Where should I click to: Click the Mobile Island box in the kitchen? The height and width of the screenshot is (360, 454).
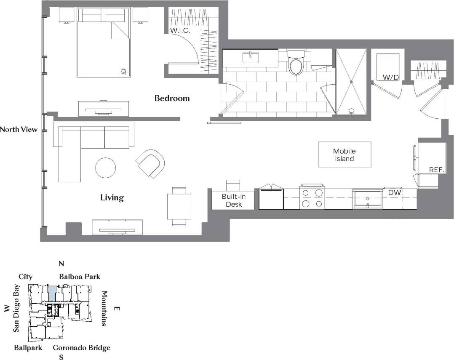[345, 155]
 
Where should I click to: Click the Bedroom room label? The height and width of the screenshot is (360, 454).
[172, 99]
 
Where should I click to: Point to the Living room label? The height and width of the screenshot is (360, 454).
[112, 197]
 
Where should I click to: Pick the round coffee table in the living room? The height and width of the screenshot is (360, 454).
[105, 168]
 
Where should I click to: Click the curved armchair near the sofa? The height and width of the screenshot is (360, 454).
[150, 163]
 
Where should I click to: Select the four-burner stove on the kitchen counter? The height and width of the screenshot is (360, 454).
[312, 197]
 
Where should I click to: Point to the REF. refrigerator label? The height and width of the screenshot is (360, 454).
[437, 170]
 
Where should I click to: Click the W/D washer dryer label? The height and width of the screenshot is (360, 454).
[388, 77]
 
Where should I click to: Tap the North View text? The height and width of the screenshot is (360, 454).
[19, 130]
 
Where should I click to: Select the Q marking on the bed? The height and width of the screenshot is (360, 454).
[123, 72]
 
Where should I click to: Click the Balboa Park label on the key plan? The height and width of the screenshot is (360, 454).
[80, 277]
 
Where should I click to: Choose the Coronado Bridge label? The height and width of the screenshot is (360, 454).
[81, 348]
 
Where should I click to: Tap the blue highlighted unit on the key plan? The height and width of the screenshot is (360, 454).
[52, 293]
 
